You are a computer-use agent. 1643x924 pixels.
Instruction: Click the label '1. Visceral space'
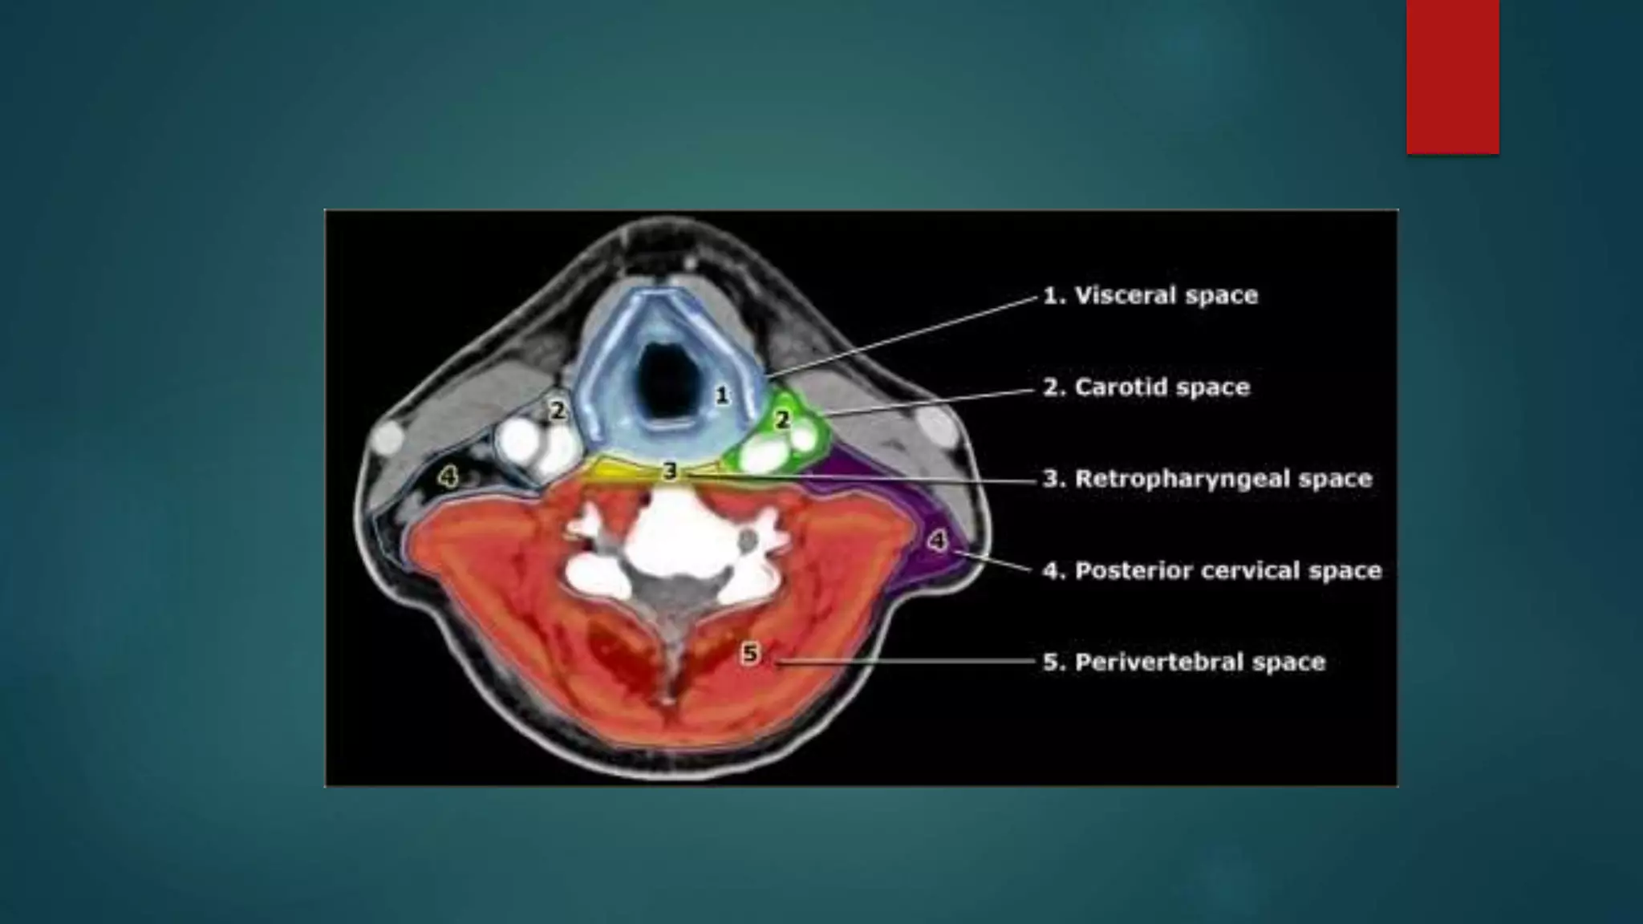point(1150,295)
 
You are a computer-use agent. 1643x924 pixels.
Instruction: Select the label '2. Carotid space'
point(1146,387)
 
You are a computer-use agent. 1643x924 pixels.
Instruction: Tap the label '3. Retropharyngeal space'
point(1207,479)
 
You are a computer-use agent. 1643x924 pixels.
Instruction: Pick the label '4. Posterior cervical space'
point(1212,570)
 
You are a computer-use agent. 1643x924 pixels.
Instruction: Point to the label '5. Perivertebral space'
point(1184,662)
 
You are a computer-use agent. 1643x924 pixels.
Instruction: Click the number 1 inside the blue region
point(722,395)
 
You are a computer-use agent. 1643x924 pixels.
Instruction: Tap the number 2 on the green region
point(781,419)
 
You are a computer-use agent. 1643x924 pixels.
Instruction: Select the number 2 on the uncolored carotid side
point(558,411)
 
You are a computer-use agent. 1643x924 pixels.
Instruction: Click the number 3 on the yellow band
point(670,472)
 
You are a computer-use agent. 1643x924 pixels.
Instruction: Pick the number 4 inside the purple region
point(937,541)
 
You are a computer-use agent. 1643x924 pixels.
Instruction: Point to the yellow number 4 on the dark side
point(448,478)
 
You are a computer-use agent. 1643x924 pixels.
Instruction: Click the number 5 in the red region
point(749,654)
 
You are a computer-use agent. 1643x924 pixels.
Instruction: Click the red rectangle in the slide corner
point(1452,76)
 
